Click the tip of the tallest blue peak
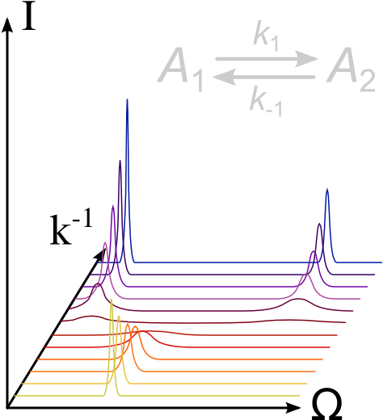[x=127, y=99]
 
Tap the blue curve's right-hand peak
[x=326, y=189]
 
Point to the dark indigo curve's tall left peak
[x=120, y=161]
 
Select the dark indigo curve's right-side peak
[x=319, y=224]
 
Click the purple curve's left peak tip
[x=112, y=205]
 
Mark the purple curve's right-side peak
[x=313, y=251]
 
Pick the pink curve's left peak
[x=105, y=242]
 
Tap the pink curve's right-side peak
[x=305, y=275]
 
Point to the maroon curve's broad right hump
[x=298, y=300]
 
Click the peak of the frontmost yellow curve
[x=112, y=300]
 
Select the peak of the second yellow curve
[x=119, y=316]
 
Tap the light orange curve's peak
[x=127, y=324]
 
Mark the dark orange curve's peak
[x=135, y=326]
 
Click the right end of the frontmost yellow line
[x=300, y=396]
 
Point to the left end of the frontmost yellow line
[x=15, y=396]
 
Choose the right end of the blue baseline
[x=382, y=262]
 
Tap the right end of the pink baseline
[x=360, y=299]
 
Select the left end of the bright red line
[x=44, y=347]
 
